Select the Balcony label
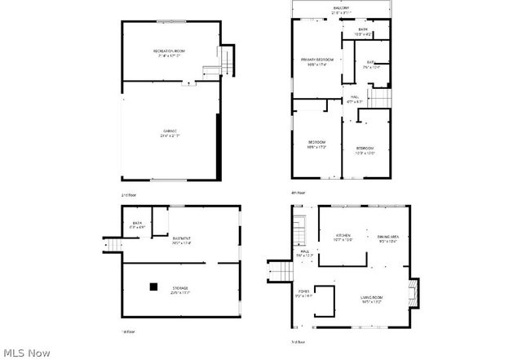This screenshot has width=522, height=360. pos(341,8)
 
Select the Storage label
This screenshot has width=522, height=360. pos(179,288)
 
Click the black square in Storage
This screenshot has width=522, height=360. pos(153,287)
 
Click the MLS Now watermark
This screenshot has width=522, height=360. pos(27,352)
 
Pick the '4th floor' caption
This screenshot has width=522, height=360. pos(299,193)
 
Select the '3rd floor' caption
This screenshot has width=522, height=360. pos(299,341)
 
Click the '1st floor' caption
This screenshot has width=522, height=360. pos(127,331)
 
